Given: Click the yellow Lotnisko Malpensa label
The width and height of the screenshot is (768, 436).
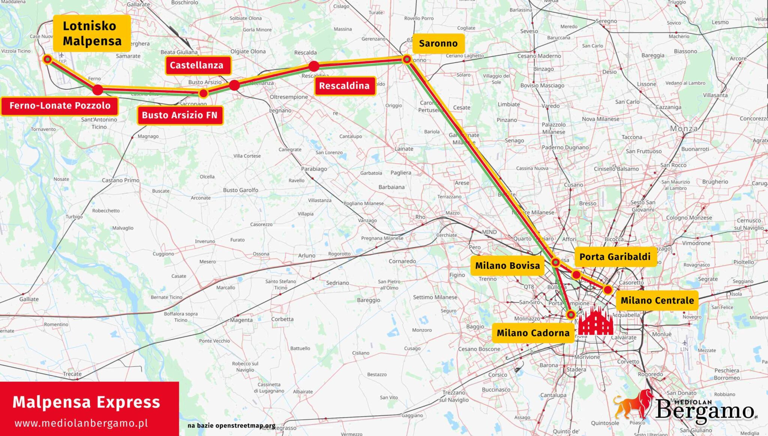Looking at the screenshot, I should (x=92, y=33).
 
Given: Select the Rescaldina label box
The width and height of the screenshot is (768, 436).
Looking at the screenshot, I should (x=344, y=86).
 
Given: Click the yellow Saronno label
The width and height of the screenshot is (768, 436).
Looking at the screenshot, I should (x=438, y=44).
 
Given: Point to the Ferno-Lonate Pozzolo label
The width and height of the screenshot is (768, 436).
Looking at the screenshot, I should (x=60, y=106).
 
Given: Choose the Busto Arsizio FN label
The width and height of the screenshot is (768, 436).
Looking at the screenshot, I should (x=180, y=115).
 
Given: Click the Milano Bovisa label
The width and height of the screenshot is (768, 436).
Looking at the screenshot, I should (x=507, y=266).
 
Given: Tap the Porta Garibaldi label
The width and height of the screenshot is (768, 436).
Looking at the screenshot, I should (x=615, y=257).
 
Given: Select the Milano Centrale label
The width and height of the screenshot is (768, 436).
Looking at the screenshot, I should (x=657, y=301).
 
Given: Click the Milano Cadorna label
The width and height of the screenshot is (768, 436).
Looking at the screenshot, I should (x=533, y=333).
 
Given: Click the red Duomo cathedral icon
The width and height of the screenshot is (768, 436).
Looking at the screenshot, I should (x=595, y=321).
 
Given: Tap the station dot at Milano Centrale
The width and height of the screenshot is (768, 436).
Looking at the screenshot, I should (x=608, y=290).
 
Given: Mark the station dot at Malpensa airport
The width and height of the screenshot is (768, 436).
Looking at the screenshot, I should (x=48, y=59).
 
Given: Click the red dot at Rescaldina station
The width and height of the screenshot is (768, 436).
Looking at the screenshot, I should (x=314, y=66).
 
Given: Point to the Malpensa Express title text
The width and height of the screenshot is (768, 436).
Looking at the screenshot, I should (x=87, y=402).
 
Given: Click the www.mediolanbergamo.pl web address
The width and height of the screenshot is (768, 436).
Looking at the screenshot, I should (x=81, y=423).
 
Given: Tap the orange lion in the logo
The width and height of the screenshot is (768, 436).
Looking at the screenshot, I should (x=633, y=404).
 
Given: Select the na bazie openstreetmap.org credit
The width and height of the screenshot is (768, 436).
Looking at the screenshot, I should (x=231, y=425).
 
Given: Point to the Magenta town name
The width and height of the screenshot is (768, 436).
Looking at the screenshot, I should (x=241, y=320).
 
